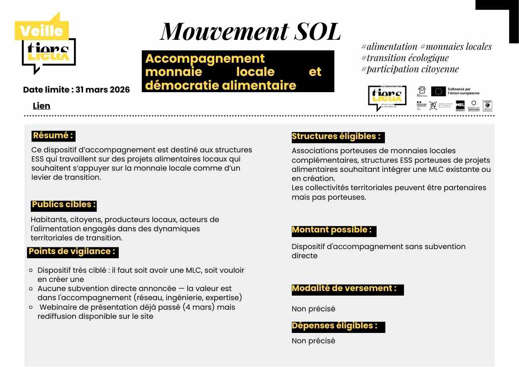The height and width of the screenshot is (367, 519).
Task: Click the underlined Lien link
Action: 42,106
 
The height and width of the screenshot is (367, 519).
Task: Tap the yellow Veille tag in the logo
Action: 41,31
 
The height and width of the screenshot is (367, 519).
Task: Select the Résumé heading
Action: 54,136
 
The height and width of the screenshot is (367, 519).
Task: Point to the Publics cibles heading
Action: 64,205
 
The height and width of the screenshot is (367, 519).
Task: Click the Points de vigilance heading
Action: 72,252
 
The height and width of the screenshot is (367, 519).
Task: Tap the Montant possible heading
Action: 332,230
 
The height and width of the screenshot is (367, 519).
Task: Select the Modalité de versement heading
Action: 345,289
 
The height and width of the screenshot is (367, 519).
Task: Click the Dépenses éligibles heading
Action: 335,326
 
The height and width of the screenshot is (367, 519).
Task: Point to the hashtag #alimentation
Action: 389,47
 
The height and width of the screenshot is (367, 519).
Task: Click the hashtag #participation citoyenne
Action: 410,69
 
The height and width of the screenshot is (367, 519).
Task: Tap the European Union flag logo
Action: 438,91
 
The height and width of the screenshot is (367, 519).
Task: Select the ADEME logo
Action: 487,106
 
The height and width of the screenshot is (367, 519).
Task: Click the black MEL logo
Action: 460,105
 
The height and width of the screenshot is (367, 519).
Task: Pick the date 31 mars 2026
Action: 103,90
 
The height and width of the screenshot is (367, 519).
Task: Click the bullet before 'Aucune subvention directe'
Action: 31,289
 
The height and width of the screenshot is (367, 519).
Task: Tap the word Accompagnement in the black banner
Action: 205,59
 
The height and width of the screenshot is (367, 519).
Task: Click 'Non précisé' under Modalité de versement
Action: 313,309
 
